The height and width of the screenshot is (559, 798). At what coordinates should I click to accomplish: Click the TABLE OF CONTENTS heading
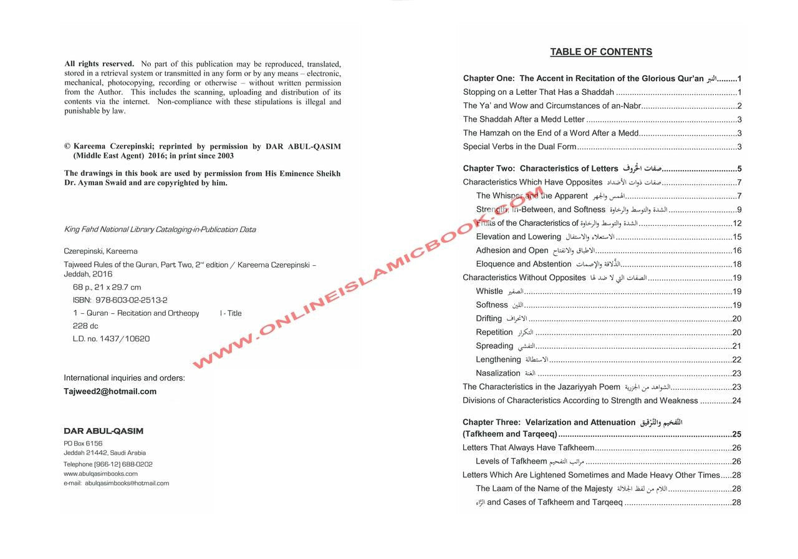(601, 52)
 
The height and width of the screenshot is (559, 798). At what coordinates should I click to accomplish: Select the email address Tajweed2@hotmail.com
(110, 392)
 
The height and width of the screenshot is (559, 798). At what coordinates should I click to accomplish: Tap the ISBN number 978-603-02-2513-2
(131, 300)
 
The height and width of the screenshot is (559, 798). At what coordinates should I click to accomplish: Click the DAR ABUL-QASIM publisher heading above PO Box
(103, 431)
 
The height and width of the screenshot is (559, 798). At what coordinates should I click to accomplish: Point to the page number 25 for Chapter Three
(736, 435)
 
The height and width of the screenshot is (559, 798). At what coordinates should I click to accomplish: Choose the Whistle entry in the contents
(489, 291)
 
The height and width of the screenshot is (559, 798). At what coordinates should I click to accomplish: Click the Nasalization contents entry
(498, 374)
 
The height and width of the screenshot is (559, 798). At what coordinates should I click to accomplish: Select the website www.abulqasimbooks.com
(100, 474)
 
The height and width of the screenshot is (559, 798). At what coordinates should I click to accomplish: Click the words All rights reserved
(99, 64)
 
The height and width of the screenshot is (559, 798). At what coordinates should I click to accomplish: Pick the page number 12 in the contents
(737, 223)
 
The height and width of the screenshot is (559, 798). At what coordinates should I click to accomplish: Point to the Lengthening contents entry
(498, 360)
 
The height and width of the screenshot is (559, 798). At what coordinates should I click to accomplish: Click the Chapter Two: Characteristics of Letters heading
(540, 169)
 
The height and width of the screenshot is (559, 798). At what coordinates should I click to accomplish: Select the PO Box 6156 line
(83, 444)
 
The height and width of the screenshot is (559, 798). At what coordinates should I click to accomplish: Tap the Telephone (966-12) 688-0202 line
(108, 464)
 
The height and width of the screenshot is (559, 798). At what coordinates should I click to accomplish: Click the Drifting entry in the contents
(489, 319)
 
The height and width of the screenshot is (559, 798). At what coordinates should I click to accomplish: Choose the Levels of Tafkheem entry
(511, 462)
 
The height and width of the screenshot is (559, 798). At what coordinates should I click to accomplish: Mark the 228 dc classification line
(85, 326)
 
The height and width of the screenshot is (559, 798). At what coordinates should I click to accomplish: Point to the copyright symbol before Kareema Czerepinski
(67, 147)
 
